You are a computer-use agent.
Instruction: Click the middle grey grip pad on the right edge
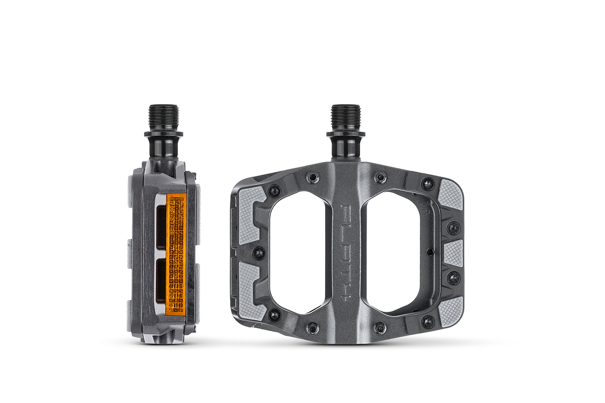(453, 253)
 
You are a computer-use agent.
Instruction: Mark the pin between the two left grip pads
(259, 252)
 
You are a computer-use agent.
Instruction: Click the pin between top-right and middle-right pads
(453, 228)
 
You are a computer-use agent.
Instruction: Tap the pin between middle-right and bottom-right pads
(453, 278)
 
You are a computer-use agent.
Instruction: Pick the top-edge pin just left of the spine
(313, 177)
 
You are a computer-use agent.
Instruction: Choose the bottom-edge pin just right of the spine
(380, 328)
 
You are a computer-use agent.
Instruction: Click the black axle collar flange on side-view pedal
(163, 135)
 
